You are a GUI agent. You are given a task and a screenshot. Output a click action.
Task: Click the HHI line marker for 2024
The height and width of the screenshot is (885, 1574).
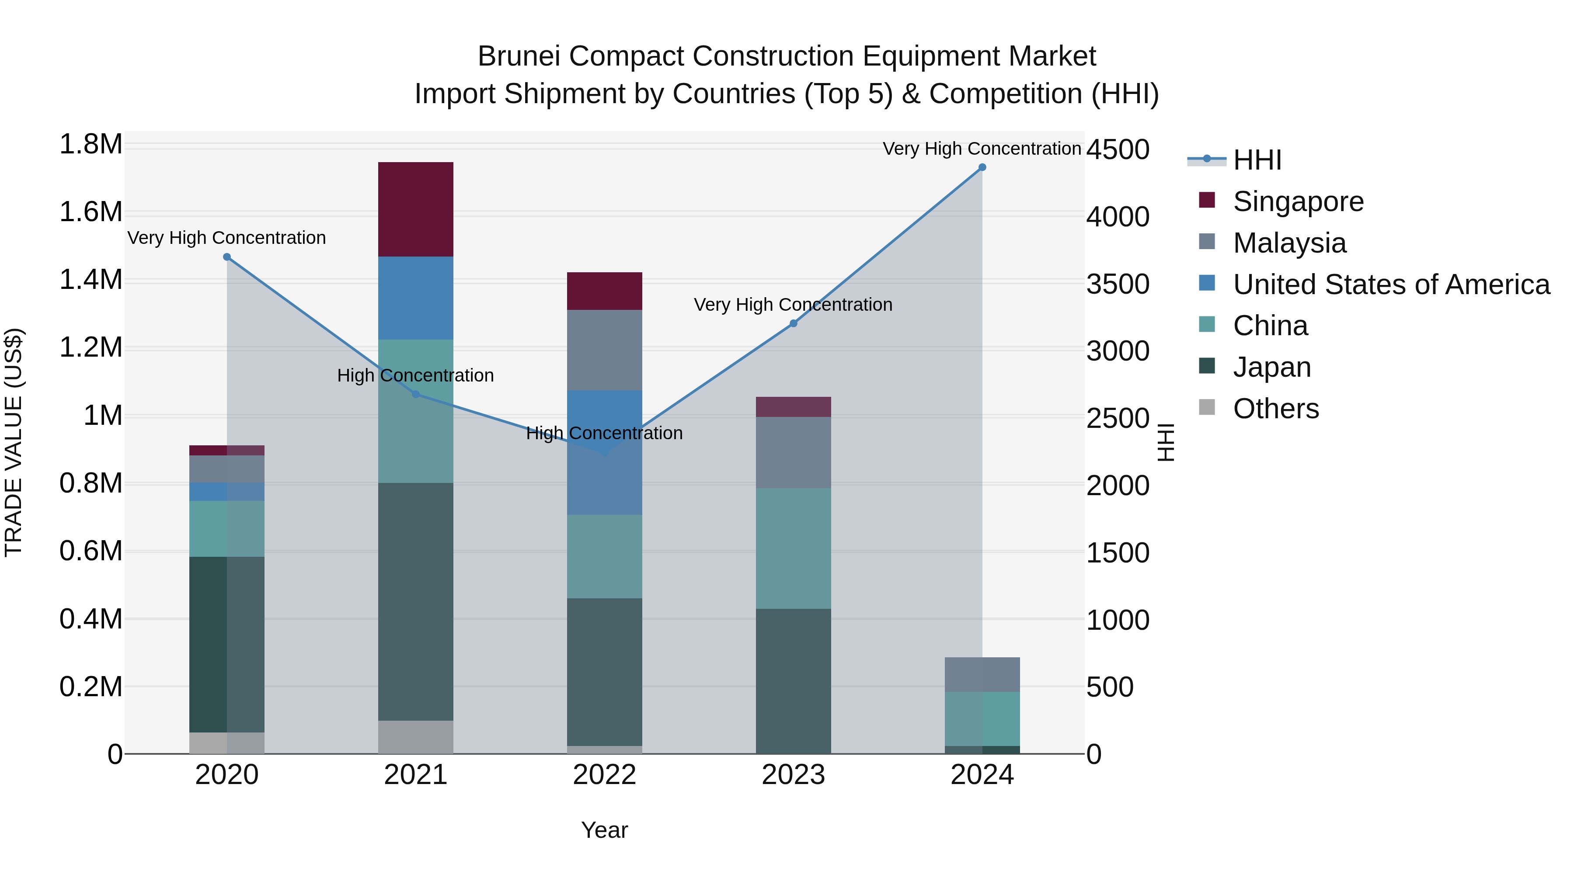(x=982, y=167)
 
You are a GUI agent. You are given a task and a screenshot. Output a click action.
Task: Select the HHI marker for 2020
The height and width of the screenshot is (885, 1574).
(x=226, y=257)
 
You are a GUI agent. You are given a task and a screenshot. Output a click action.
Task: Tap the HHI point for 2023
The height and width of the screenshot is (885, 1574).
(x=793, y=324)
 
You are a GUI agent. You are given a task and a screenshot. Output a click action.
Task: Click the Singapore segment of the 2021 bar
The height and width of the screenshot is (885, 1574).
(x=415, y=209)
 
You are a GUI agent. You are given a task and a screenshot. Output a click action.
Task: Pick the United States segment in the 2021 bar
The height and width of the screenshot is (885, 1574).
(x=415, y=298)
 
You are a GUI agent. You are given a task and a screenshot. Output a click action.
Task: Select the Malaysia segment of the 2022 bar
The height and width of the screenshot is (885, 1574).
(x=604, y=350)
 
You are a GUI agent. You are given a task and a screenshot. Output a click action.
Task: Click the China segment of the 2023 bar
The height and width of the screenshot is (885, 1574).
(x=793, y=548)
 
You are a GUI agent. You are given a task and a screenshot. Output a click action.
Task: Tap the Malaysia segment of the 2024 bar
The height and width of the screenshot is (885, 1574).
(x=982, y=674)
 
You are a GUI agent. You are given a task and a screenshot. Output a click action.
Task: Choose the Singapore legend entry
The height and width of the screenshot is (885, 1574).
(x=1298, y=201)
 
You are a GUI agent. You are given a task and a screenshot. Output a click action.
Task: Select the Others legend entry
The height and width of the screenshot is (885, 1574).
(x=1275, y=409)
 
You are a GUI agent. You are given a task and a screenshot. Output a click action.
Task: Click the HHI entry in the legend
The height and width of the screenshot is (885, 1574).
(x=1257, y=160)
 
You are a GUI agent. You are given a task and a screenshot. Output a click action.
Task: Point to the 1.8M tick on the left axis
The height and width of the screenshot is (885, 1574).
(x=91, y=145)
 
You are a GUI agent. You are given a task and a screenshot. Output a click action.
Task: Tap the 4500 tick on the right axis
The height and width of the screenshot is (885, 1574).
(x=1118, y=149)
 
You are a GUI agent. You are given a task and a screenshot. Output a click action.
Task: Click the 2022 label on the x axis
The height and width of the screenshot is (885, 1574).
(x=604, y=775)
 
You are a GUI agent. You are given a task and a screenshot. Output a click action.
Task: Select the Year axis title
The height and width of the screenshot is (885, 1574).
(x=604, y=830)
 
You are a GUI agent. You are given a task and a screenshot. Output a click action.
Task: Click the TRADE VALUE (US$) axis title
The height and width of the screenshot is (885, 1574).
(x=14, y=442)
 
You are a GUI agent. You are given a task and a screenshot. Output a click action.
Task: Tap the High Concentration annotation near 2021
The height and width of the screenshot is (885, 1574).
(x=415, y=375)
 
